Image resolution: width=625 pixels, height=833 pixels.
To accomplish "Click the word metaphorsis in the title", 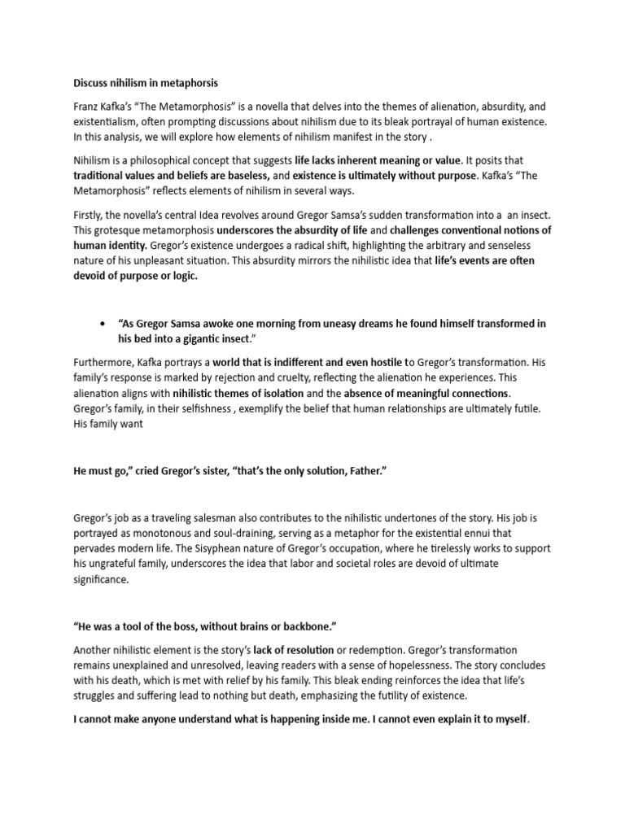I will pos(190,83).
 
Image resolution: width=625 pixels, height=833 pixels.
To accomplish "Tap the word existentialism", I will pos(113,121).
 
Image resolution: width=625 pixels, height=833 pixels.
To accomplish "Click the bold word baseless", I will pos(242,174).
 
